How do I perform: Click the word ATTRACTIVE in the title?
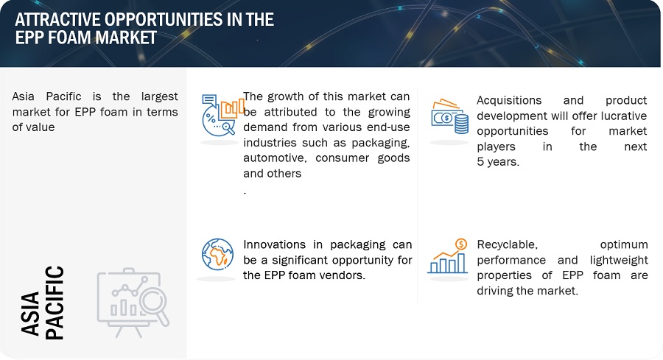tap(57, 19)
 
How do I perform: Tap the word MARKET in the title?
tap(126, 38)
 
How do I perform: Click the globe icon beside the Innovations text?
tap(218, 255)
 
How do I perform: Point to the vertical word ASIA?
tap(30, 313)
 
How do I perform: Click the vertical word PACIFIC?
tap(55, 303)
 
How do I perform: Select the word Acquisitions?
tap(509, 100)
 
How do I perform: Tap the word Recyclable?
tap(507, 244)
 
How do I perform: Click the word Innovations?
tap(275, 244)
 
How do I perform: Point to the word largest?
tap(159, 96)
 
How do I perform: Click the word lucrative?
tap(622, 116)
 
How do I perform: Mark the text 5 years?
tap(498, 162)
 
